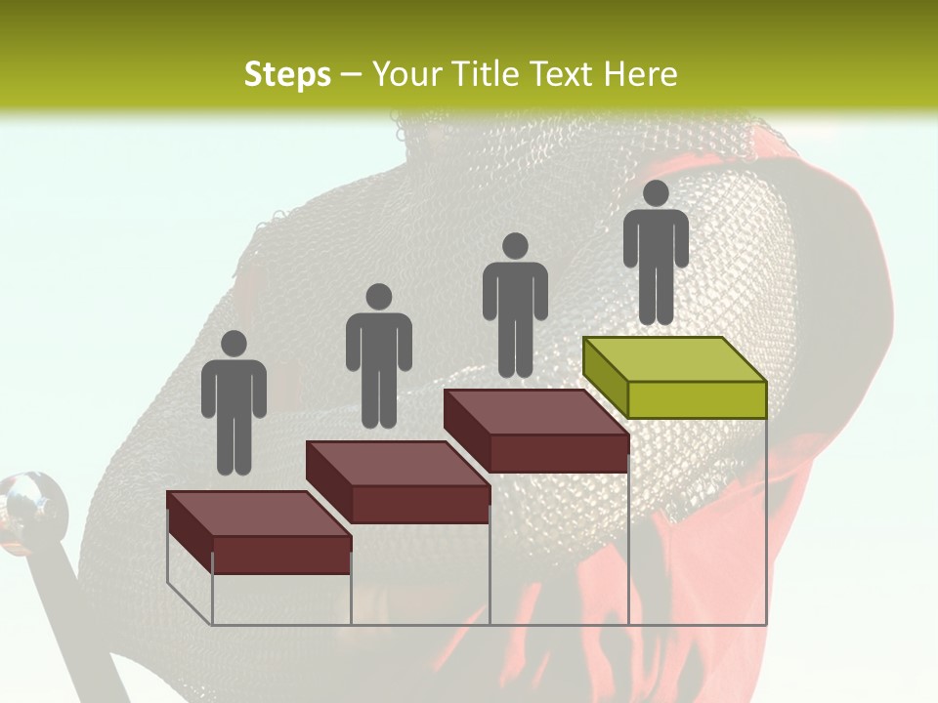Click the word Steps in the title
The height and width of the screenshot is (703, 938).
click(x=287, y=74)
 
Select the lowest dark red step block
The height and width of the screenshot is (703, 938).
click(x=259, y=532)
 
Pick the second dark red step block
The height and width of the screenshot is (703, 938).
click(x=398, y=481)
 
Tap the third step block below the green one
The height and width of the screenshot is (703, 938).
click(x=536, y=431)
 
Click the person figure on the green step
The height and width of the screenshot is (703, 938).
click(x=656, y=254)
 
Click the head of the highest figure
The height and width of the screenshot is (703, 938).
click(x=656, y=193)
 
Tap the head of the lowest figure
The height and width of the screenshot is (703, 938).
click(x=234, y=344)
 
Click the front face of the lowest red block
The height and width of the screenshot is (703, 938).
click(x=281, y=555)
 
